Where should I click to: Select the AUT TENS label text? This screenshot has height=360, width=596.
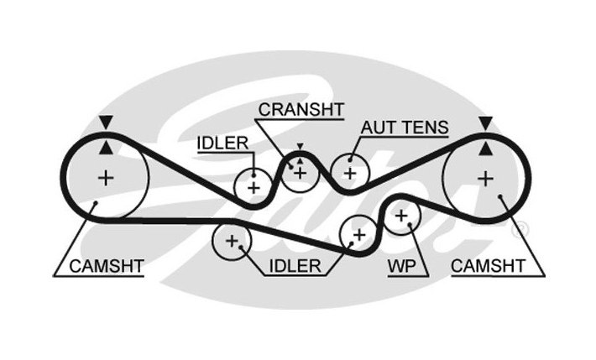point(404,128)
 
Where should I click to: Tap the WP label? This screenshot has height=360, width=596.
point(402,266)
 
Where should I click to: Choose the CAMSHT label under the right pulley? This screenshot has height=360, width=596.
point(488,266)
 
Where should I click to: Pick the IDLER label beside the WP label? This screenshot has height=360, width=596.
point(295,266)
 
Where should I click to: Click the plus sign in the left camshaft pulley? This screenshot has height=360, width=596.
point(105,177)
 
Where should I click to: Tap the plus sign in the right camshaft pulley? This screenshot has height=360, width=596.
point(485,177)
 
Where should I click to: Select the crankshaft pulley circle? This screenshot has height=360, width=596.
point(300,173)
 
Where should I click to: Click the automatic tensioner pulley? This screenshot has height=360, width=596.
point(349,174)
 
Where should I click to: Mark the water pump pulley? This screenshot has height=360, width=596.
point(401,217)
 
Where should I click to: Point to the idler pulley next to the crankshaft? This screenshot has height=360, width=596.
point(253,186)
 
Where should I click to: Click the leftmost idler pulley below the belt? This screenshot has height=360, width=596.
point(231,243)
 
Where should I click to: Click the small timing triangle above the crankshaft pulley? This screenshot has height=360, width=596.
point(299,148)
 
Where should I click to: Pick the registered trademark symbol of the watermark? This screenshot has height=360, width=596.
point(520,227)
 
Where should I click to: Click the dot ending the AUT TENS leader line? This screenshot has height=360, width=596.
point(349,158)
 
